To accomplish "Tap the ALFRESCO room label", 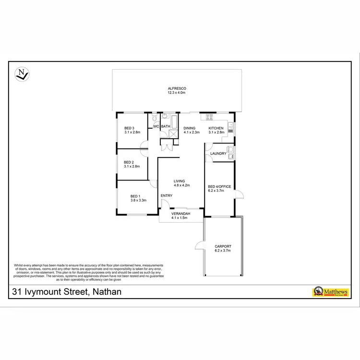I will point(177,88).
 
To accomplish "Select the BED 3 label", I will point(129,128).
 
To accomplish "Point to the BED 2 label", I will point(129,162).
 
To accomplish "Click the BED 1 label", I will point(135,196).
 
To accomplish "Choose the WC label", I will point(156,127).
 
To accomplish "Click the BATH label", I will point(166,127).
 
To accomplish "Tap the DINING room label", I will point(190,128).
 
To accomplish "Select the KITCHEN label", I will point(216,128).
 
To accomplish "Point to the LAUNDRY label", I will point(218,154).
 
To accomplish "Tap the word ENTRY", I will point(167,195).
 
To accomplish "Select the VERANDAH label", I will point(180,213).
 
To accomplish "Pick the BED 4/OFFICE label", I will point(219,187).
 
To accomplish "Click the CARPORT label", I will point(223,246).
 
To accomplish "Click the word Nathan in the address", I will point(106,291).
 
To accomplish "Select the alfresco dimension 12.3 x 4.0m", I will point(177,93).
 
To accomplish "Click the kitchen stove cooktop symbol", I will point(210,117).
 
